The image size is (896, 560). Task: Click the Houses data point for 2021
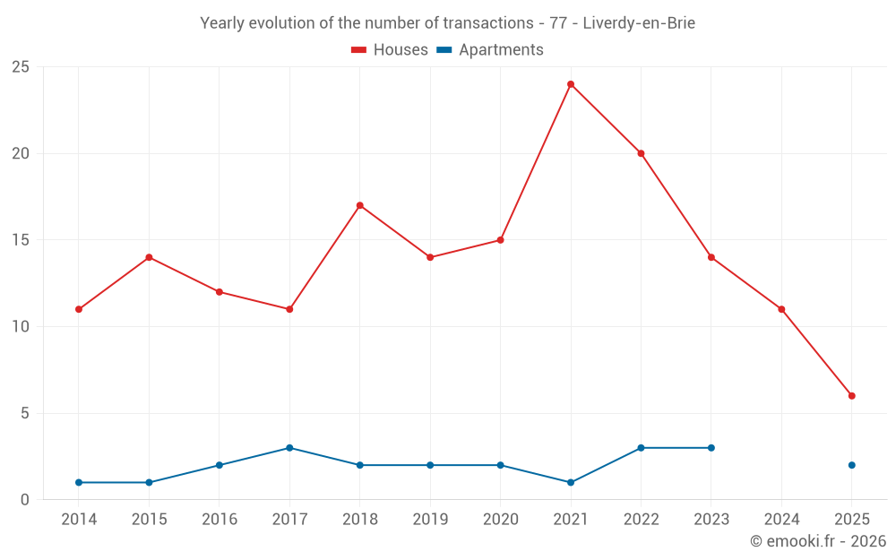(x=571, y=84)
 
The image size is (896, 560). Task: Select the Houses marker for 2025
(x=852, y=396)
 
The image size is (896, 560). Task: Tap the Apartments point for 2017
(x=289, y=448)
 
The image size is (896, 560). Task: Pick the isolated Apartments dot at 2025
(x=852, y=465)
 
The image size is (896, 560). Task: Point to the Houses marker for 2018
(x=360, y=205)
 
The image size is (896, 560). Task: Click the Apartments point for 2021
(x=571, y=483)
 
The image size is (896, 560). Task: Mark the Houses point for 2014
(x=79, y=309)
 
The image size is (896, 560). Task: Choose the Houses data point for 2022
(x=641, y=153)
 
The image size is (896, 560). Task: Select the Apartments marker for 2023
(x=711, y=448)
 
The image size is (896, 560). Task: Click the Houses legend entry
(x=390, y=50)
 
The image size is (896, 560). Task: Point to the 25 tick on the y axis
(x=21, y=67)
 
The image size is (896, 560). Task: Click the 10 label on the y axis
(x=21, y=327)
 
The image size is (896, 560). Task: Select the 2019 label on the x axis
(x=430, y=520)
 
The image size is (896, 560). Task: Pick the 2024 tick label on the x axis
(x=781, y=520)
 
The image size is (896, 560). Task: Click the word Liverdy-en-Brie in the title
(x=639, y=23)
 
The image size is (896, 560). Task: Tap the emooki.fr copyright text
(x=818, y=541)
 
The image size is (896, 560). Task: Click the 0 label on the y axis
(x=25, y=500)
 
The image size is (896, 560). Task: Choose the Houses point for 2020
(x=500, y=240)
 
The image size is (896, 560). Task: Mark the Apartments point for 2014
(x=79, y=483)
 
